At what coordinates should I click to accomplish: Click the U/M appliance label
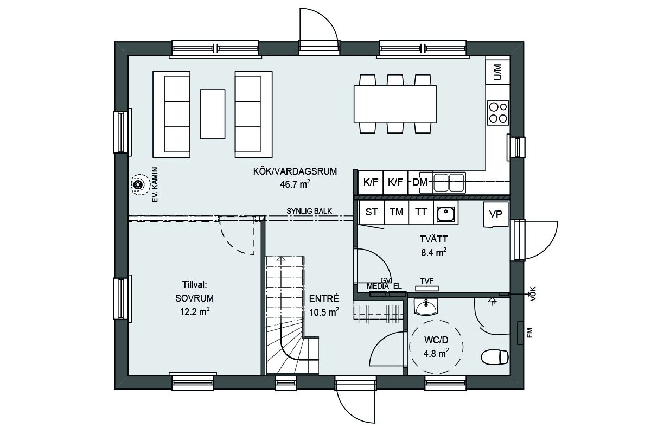[x=497, y=72]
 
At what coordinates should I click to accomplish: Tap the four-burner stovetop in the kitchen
[x=498, y=113]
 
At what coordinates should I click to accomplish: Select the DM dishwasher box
[x=420, y=182]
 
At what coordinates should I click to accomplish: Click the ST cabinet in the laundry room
[x=372, y=212]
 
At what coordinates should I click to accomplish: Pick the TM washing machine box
[x=397, y=212]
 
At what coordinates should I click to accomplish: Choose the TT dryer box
[x=421, y=212]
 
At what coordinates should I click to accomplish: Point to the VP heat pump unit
[x=496, y=214]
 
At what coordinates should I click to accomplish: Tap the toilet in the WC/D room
[x=495, y=356]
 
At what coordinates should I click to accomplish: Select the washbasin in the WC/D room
[x=426, y=307]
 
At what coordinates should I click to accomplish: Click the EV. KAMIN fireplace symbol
[x=138, y=184]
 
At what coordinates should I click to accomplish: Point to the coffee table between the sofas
[x=213, y=114]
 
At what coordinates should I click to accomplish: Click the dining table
[x=395, y=104]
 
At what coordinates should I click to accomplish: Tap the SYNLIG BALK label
[x=309, y=212]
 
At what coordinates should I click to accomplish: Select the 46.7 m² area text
[x=295, y=184]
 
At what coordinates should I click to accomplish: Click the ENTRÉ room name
[x=324, y=299]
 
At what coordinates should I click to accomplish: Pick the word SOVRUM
[x=194, y=298]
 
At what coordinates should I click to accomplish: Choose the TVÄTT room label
[x=433, y=239]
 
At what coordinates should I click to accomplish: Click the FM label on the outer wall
[x=529, y=333]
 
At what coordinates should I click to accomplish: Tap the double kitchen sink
[x=449, y=183]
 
